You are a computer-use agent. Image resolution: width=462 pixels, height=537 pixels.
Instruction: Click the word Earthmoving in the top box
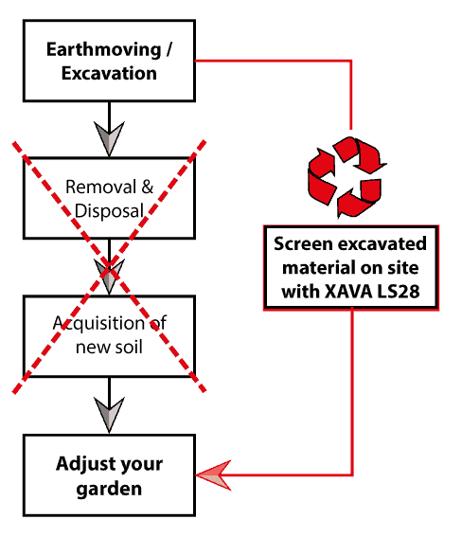tap(104, 50)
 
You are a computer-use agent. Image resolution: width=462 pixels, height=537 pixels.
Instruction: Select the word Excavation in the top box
tap(109, 73)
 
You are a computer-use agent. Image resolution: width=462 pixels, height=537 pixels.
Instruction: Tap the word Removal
tap(100, 187)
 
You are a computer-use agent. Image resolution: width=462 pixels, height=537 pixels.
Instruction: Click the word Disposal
tap(109, 210)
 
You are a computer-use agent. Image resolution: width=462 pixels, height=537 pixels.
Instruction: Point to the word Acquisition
tap(98, 324)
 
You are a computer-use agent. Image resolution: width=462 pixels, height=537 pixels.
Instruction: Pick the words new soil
tap(109, 347)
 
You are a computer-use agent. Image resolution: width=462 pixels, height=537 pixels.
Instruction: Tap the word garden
tap(109, 489)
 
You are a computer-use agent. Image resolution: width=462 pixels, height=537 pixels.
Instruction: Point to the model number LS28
tap(398, 292)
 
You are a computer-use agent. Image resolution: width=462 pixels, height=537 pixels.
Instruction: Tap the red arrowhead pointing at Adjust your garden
tap(213, 475)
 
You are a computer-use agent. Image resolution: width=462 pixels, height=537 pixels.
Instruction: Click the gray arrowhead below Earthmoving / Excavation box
tap(109, 138)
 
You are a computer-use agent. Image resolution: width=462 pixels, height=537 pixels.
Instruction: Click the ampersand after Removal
tap(147, 187)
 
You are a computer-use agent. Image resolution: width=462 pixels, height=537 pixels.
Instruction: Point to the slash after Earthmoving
tap(169, 50)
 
